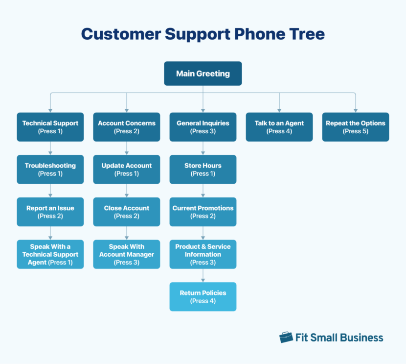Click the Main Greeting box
click(x=203, y=73)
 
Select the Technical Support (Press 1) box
click(x=50, y=127)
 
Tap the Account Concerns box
click(x=126, y=127)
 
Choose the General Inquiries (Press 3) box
click(x=203, y=127)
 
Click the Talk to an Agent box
click(x=279, y=127)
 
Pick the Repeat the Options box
click(x=355, y=127)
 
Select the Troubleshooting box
click(x=50, y=170)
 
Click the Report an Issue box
click(x=50, y=212)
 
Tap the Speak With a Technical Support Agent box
click(x=50, y=254)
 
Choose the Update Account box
click(x=126, y=170)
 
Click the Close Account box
click(x=126, y=212)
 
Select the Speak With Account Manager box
click(x=126, y=254)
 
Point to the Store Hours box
click(x=203, y=170)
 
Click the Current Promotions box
click(x=203, y=212)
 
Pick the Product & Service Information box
click(x=203, y=254)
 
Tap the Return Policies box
click(x=203, y=296)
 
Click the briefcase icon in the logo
click(x=286, y=337)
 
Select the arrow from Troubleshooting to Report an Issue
click(x=50, y=191)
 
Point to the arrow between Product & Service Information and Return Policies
click(x=203, y=276)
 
